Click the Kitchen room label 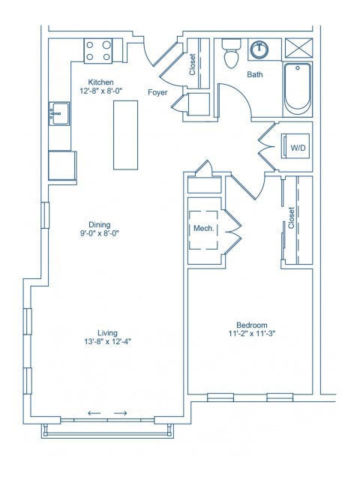pyautogui.click(x=100, y=82)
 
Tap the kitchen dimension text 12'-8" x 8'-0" pyautogui.click(x=100, y=91)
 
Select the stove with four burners pyautogui.click(x=97, y=50)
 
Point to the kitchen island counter pyautogui.click(x=126, y=135)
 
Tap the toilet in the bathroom pyautogui.click(x=231, y=55)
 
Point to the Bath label pyautogui.click(x=255, y=74)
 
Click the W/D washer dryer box pyautogui.click(x=298, y=148)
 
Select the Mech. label pyautogui.click(x=203, y=228)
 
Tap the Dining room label pyautogui.click(x=100, y=224)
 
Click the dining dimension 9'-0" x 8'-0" pyautogui.click(x=100, y=233)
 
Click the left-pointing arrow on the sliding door pyautogui.click(x=94, y=413)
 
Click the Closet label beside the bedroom pyautogui.click(x=291, y=218)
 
